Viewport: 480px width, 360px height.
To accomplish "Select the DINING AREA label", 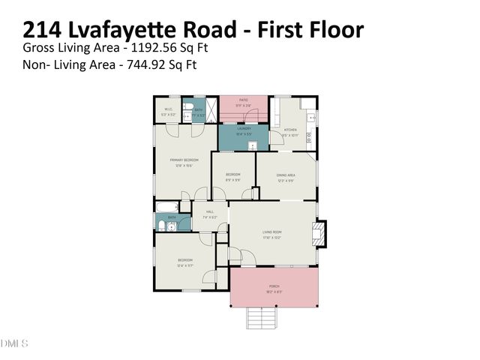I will point(285,176).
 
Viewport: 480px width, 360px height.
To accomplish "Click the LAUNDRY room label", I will point(243,129).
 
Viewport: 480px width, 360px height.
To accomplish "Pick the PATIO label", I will point(243,100).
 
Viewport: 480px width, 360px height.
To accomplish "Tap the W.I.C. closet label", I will point(169,110).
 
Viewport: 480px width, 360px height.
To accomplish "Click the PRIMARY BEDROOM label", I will point(183,160).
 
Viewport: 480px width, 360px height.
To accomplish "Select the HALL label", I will point(210,213).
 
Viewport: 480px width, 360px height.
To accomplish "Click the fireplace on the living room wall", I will point(320,232).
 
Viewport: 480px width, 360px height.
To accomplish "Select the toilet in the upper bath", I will point(186,106).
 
